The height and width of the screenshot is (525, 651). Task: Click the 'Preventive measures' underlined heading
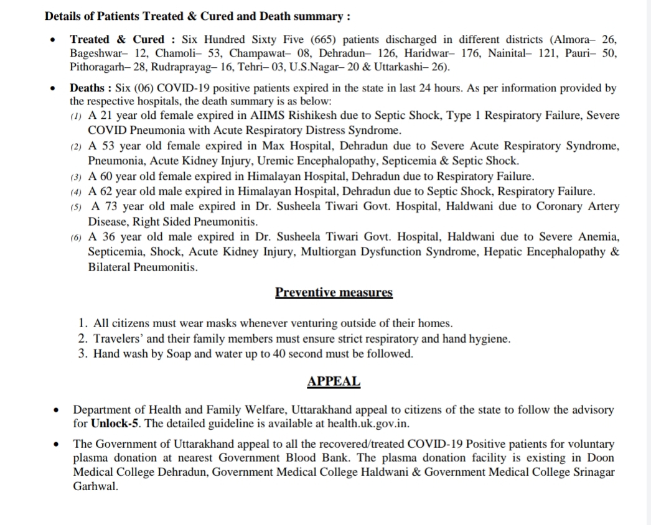tap(334, 292)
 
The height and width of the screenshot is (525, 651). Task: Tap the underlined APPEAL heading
tap(334, 381)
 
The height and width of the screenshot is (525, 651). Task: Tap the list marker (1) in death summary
tap(78, 117)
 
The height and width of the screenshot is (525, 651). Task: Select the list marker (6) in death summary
tap(78, 238)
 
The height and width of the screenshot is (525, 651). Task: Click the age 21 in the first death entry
tap(106, 116)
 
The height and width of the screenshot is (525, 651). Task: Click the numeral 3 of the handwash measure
tap(82, 354)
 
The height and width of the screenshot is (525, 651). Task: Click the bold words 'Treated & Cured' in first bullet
tap(117, 39)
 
